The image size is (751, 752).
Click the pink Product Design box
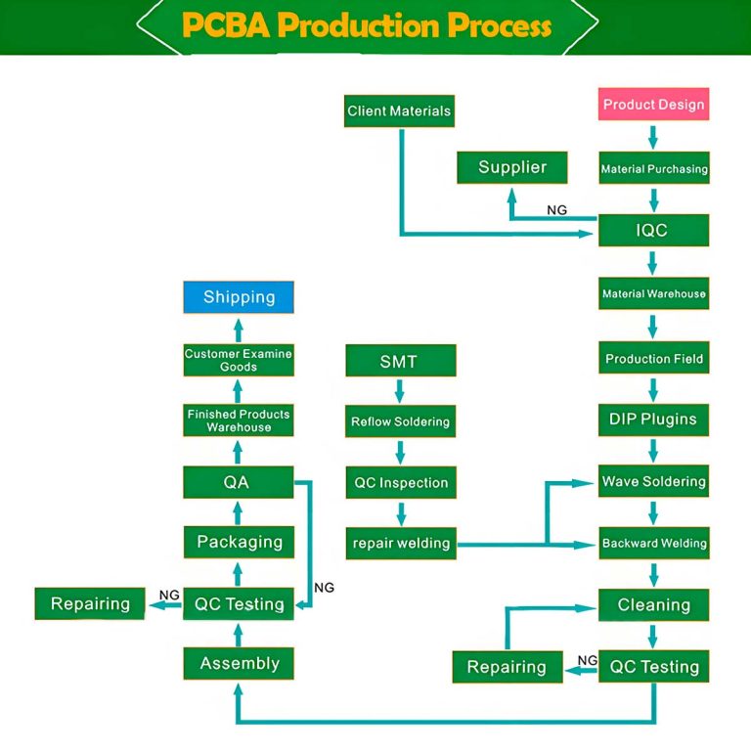click(x=653, y=105)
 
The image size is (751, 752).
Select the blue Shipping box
click(x=239, y=297)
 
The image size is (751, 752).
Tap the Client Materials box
click(x=399, y=111)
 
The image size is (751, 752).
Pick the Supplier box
click(x=512, y=167)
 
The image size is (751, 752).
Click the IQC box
click(x=653, y=232)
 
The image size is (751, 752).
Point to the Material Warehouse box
click(x=653, y=293)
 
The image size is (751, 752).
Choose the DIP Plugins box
click(x=653, y=420)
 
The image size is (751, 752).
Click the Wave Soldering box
click(x=653, y=481)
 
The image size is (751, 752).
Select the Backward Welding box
click(x=653, y=543)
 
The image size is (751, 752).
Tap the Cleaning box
click(x=653, y=605)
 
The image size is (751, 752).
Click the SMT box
click(x=399, y=361)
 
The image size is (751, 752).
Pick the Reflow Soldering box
click(x=400, y=422)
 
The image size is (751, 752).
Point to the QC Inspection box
click(x=400, y=482)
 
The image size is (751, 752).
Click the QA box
click(x=238, y=481)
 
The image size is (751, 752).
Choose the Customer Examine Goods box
click(x=239, y=360)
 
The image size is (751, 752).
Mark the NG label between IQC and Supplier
click(x=556, y=210)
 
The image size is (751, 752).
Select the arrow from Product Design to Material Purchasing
click(x=653, y=136)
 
